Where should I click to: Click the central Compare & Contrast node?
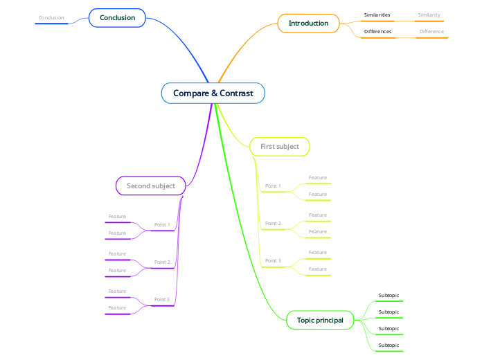[x=213, y=93]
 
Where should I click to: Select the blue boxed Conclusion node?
[x=117, y=17]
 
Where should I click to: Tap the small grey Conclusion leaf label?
[x=51, y=18]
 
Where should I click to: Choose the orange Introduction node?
[x=308, y=23]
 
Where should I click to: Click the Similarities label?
[x=377, y=15]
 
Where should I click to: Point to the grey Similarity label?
[x=429, y=15]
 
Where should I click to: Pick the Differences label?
[x=377, y=32]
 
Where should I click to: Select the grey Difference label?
[x=431, y=32]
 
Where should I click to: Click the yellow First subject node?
[x=280, y=147]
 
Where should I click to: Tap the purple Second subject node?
[x=150, y=186]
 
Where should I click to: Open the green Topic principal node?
[x=320, y=320]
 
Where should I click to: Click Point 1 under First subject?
[x=273, y=186]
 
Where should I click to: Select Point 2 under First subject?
[x=273, y=224]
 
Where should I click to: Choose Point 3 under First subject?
[x=273, y=261]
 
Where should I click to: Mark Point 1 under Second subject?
[x=162, y=225]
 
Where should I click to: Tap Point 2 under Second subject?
[x=162, y=262]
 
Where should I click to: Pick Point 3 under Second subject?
[x=162, y=300]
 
